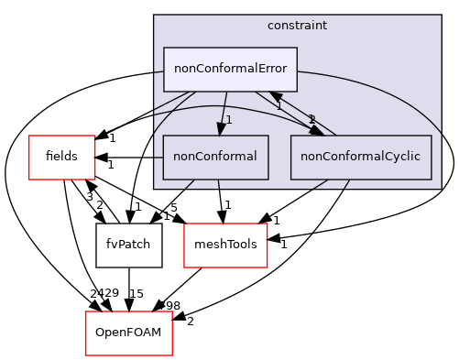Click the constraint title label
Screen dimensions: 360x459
tap(297, 25)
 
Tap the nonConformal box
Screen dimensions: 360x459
tap(215, 157)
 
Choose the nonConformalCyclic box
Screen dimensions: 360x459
tap(360, 157)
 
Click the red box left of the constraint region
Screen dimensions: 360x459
tap(61, 157)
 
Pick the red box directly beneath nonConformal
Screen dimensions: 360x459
tap(225, 245)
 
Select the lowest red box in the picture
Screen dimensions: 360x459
tap(128, 333)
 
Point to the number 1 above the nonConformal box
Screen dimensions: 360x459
tap(229, 120)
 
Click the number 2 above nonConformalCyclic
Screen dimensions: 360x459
tap(311, 119)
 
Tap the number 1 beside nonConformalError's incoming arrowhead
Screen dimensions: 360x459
tap(279, 107)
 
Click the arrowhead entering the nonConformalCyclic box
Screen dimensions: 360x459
tap(317, 130)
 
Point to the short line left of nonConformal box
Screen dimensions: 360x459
tap(158, 157)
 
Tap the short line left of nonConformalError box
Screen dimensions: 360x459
tap(158, 71)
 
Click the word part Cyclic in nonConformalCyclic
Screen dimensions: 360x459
tap(400, 157)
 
